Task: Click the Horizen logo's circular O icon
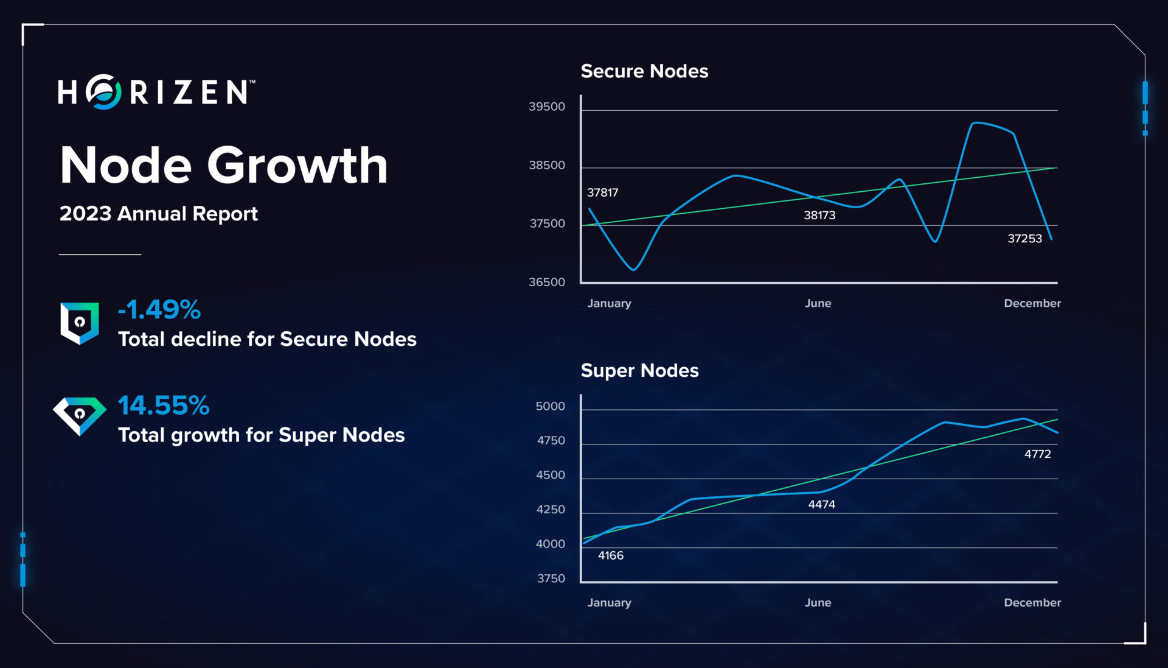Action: pos(103,92)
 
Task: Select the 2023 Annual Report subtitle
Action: pos(158,214)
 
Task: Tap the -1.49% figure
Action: pos(159,309)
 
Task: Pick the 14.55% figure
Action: pos(163,405)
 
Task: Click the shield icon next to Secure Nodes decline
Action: pos(79,322)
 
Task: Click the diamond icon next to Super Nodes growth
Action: pos(79,415)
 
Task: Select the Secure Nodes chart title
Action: pos(644,71)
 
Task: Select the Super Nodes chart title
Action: pos(639,370)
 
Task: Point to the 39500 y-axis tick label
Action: pos(546,107)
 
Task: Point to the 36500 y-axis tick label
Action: pos(546,282)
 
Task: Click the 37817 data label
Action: pos(602,192)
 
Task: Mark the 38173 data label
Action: pos(819,215)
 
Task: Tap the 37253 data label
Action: pos(1024,239)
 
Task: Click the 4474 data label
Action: pos(821,504)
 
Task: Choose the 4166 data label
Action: pos(610,555)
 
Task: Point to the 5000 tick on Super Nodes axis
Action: pos(550,406)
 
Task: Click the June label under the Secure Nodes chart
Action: pos(817,303)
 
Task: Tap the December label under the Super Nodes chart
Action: pos(1032,602)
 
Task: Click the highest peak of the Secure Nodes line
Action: pos(976,123)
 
